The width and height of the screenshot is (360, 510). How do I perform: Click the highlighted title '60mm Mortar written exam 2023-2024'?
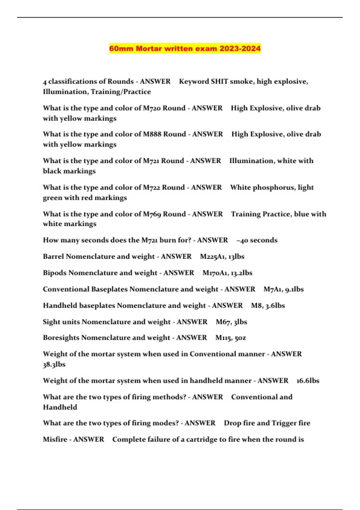coord(185,49)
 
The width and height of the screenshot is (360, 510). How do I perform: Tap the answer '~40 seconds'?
coord(257,240)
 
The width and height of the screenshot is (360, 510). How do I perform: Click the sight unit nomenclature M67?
coord(222,322)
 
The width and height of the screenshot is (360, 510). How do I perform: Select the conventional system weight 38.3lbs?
coord(54,364)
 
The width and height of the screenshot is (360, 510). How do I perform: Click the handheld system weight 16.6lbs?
coord(307,381)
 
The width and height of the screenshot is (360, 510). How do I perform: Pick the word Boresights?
coord(61,338)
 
